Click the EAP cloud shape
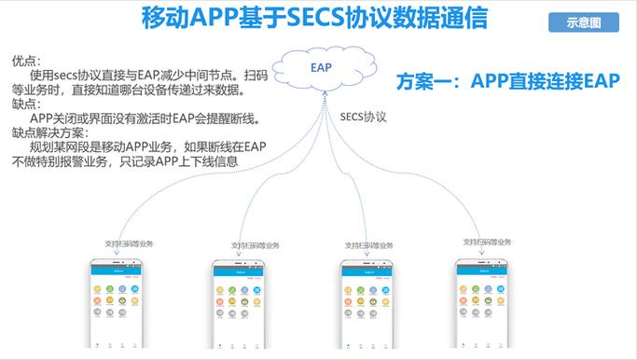tap(322, 67)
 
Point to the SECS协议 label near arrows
tap(363, 118)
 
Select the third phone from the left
tap(365, 303)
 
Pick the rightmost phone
tap(482, 303)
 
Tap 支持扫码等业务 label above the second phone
tap(255, 245)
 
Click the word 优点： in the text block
tap(26, 61)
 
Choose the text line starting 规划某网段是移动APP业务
tap(140, 146)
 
